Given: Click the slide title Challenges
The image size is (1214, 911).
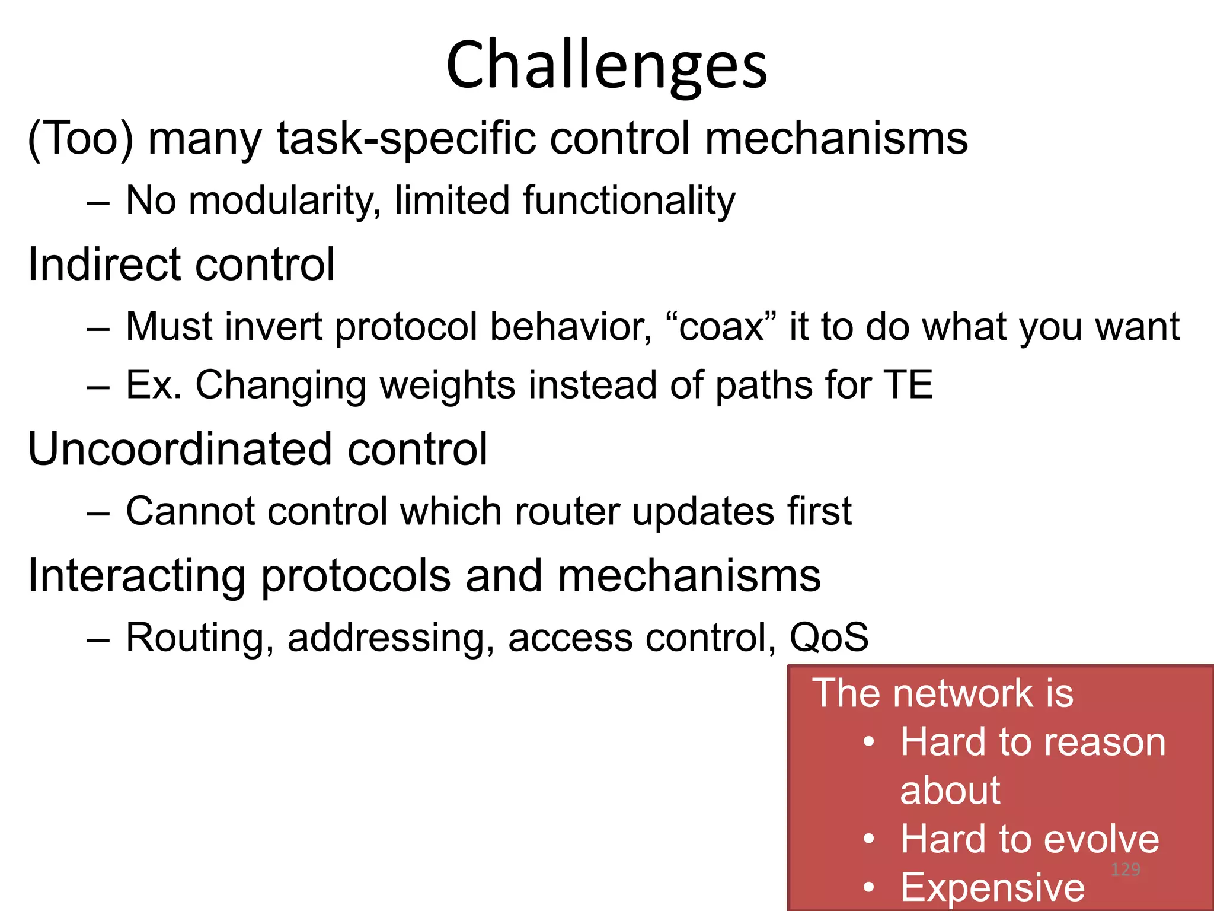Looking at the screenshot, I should (606, 65).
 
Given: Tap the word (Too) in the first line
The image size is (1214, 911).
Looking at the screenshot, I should (81, 139).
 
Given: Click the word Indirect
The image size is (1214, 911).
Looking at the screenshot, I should (97, 265).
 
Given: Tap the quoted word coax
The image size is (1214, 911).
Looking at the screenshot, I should (721, 327).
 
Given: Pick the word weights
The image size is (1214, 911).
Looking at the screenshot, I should (447, 386).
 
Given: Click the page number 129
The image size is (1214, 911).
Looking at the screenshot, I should (1125, 869).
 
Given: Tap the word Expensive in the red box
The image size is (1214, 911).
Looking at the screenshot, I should (992, 887).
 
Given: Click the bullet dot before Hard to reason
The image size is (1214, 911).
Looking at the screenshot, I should (869, 743).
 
